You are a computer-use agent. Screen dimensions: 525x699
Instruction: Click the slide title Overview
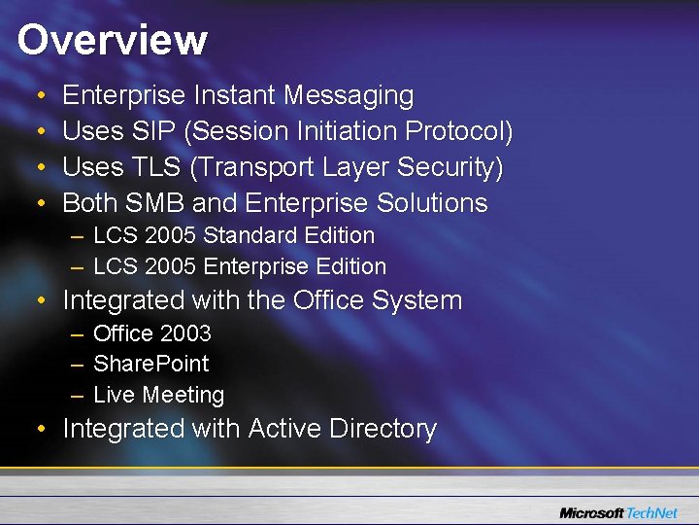[x=112, y=41]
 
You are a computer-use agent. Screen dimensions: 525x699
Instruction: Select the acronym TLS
[x=157, y=167]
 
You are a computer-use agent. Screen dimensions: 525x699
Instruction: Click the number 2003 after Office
[x=185, y=333]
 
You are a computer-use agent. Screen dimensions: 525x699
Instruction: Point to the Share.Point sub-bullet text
[x=150, y=364]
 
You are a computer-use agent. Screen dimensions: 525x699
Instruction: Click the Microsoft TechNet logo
[x=618, y=512]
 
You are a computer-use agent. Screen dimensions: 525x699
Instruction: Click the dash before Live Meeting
[x=77, y=395]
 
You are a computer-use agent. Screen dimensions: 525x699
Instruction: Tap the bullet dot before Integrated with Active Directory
[x=37, y=430]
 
